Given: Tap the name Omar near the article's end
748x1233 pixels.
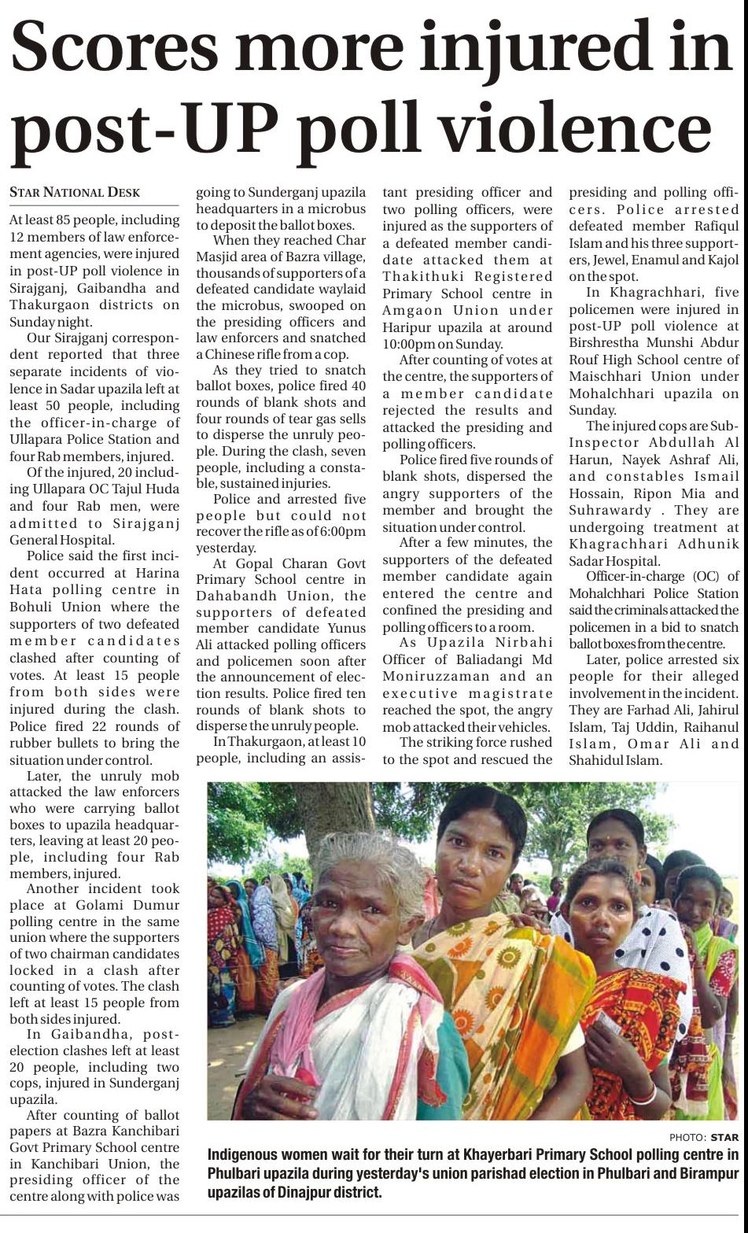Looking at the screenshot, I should click(x=649, y=744).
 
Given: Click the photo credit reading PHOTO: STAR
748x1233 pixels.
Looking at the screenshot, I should click(x=704, y=1137).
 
